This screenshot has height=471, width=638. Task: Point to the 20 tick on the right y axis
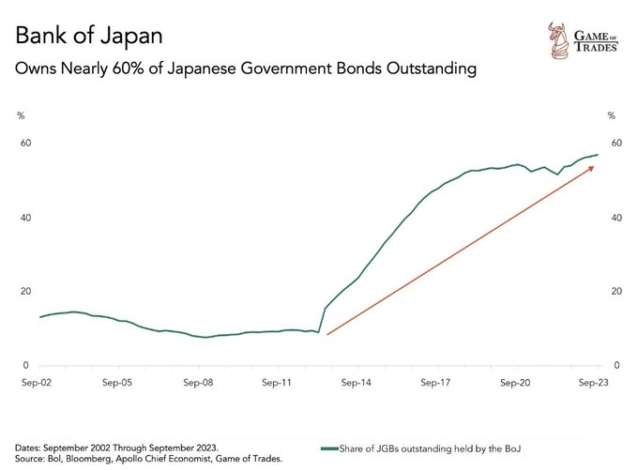(x=615, y=291)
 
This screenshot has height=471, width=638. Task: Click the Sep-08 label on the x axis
(x=199, y=384)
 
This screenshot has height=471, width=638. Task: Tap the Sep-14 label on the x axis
(x=358, y=384)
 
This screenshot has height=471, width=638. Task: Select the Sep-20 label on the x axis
(x=517, y=384)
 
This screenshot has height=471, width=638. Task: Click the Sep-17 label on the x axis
(x=438, y=384)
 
